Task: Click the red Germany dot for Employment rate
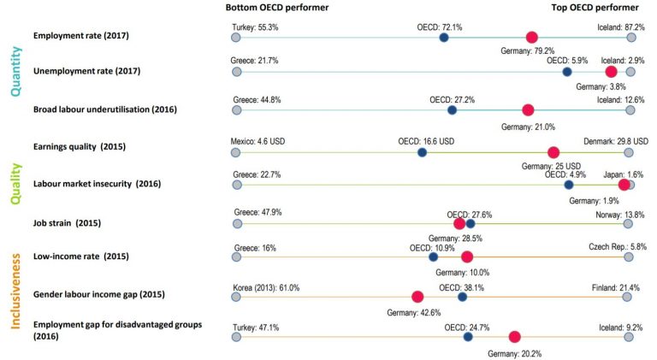click(x=531, y=37)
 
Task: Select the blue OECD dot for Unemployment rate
click(x=567, y=73)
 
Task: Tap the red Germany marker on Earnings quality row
click(x=553, y=153)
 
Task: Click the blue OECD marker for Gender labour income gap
click(x=463, y=297)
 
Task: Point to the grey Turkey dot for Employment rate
click(x=235, y=38)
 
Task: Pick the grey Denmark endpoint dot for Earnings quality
click(x=629, y=153)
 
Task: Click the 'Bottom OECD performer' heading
click(x=265, y=8)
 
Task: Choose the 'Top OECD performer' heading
click(x=598, y=8)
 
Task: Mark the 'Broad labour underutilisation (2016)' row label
click(x=104, y=109)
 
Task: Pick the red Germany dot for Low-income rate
click(x=466, y=257)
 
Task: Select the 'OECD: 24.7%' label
click(x=467, y=327)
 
